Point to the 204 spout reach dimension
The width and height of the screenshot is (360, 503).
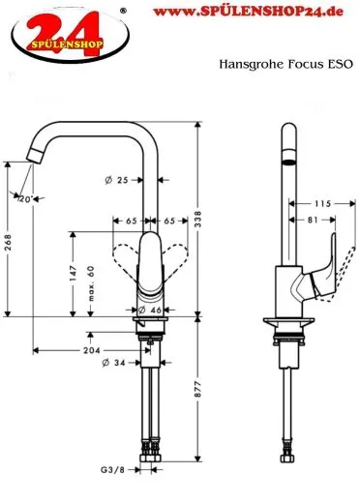[90, 349]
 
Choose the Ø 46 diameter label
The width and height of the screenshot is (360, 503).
[147, 310]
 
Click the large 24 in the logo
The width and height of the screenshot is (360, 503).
[52, 26]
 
